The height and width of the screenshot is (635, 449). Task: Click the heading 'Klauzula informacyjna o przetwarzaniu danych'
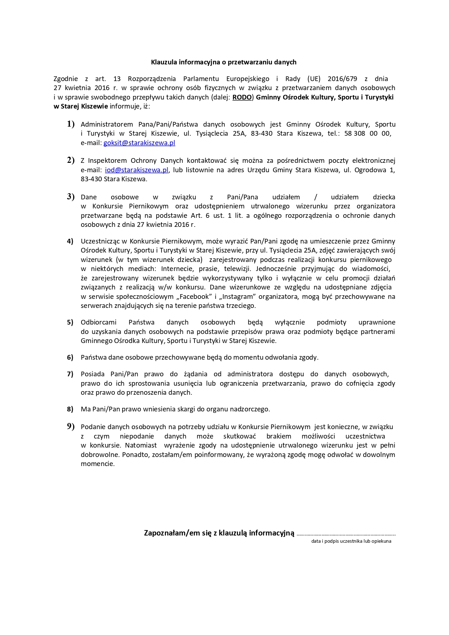point(223,62)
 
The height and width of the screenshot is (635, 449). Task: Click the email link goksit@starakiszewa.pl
point(139,143)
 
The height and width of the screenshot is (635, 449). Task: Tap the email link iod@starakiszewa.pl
point(137,170)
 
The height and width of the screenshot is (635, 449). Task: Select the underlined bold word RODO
point(242,97)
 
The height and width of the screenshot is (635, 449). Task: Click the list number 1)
point(71,124)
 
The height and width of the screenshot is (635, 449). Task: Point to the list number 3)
point(71,197)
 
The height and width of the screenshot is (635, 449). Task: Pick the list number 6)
point(70,357)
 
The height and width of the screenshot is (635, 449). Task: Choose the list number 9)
point(71,427)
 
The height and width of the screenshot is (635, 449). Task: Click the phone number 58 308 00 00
point(367,134)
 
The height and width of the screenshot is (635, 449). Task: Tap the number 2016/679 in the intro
point(342,79)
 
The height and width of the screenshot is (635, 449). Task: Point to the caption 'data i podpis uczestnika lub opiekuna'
point(351,541)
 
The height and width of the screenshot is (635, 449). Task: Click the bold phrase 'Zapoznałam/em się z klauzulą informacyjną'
point(219,533)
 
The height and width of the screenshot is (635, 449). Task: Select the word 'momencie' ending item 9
point(97,464)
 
